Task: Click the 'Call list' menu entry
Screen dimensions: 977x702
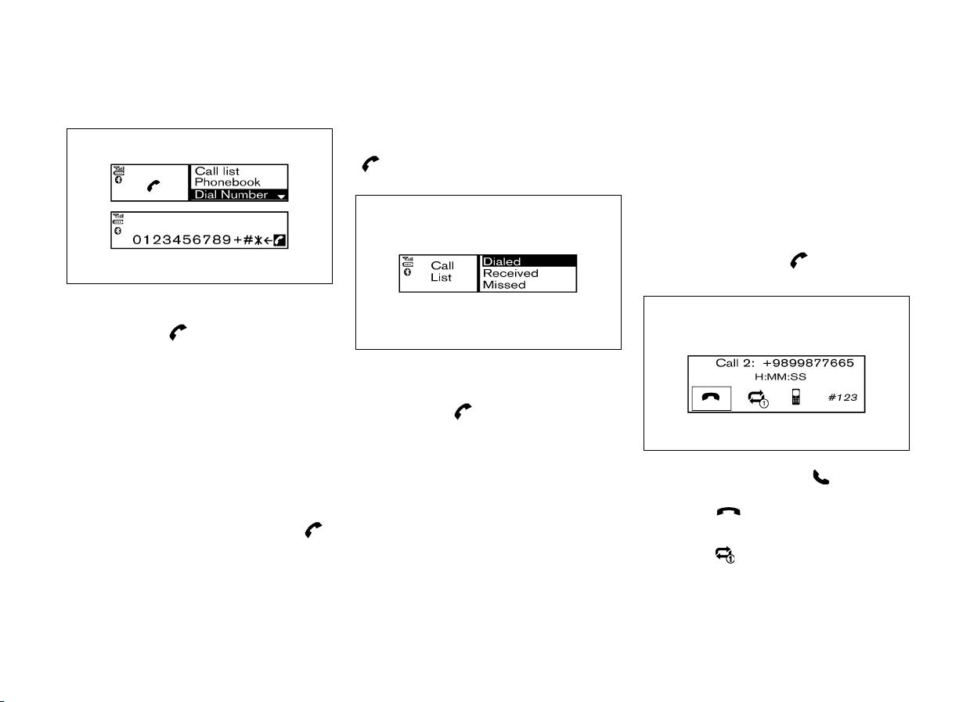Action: point(217,171)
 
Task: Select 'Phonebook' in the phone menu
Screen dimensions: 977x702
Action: point(227,182)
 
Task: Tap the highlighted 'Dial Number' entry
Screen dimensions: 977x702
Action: point(231,194)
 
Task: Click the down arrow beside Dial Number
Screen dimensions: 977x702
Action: point(281,196)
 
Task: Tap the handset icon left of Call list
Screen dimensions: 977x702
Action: point(153,186)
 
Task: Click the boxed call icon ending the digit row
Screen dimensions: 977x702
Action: point(279,240)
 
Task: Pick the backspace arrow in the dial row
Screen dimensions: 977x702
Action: point(268,240)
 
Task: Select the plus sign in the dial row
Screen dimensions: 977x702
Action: point(238,239)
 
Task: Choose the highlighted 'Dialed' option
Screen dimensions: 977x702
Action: point(502,261)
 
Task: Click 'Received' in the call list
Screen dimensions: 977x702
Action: point(510,273)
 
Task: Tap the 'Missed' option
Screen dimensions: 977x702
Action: point(504,285)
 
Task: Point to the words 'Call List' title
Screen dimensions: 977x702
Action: point(442,272)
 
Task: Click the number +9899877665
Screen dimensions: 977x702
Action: point(808,363)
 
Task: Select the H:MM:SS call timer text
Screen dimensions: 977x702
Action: point(781,376)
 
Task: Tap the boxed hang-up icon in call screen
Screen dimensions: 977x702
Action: point(712,398)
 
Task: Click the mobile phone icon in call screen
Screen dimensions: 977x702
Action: point(796,397)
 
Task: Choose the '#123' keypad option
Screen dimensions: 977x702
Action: point(842,398)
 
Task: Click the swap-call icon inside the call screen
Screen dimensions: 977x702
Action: point(758,398)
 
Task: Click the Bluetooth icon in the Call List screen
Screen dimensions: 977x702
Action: point(407,272)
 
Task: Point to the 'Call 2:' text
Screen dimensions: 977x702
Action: point(735,363)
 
